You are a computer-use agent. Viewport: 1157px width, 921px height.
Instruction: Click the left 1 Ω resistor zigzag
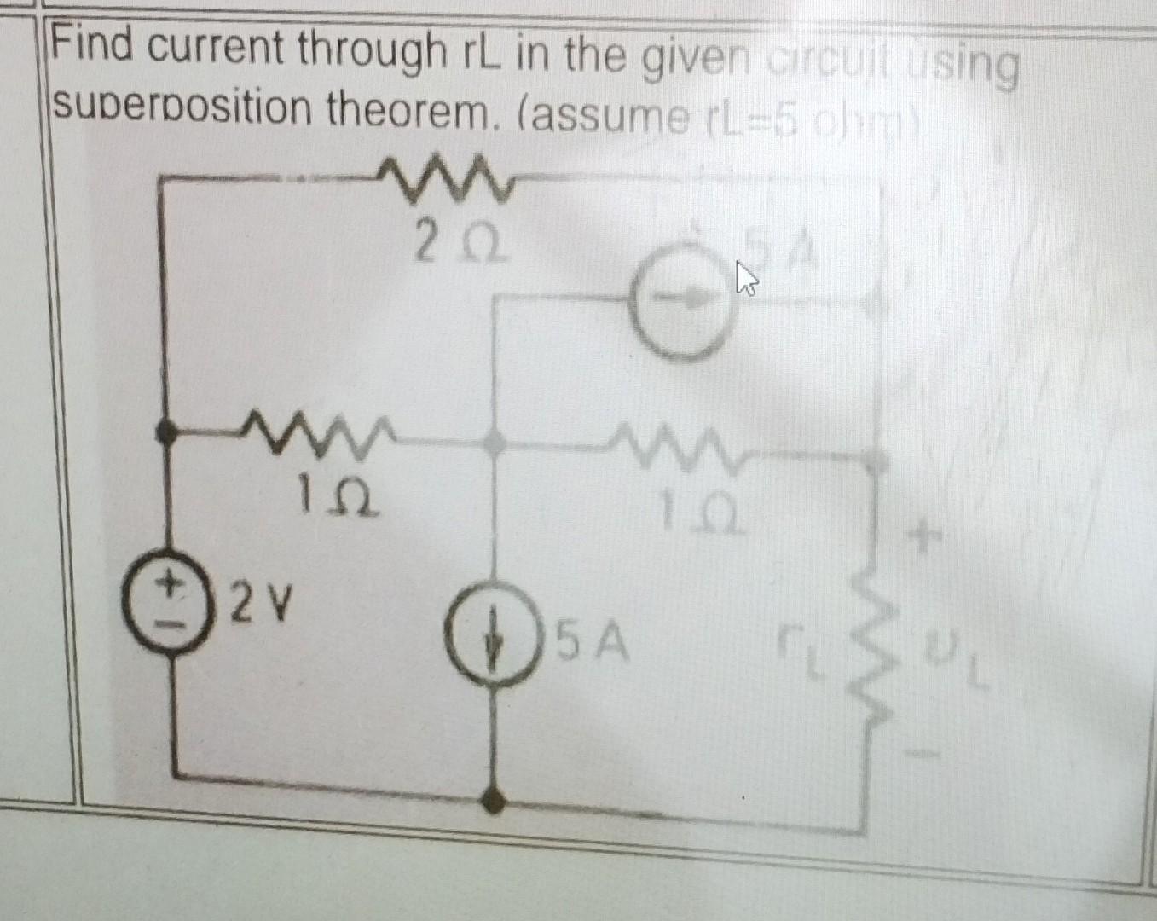point(315,427)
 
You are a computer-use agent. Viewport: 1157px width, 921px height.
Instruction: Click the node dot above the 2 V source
point(165,432)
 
